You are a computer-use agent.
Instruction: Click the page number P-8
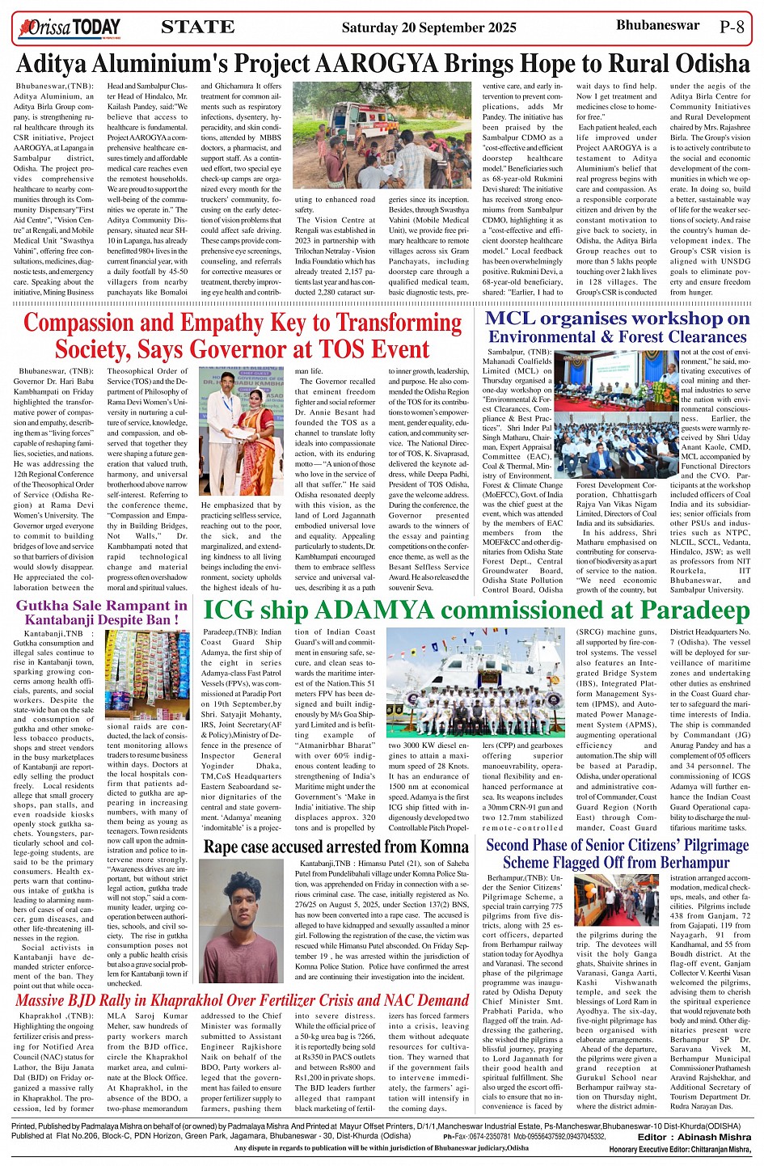[x=732, y=27]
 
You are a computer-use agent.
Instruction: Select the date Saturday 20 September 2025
[x=428, y=28]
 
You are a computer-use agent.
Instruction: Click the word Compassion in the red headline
[x=95, y=323]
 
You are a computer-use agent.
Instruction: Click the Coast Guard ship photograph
[x=475, y=683]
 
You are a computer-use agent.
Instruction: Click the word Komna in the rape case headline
[x=441, y=847]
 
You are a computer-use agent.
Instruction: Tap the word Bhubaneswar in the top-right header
[x=657, y=25]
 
